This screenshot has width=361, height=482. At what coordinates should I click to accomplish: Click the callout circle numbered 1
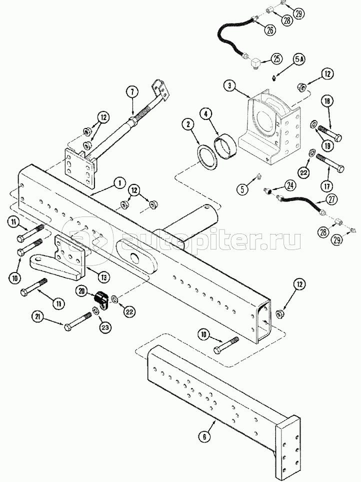click(x=118, y=183)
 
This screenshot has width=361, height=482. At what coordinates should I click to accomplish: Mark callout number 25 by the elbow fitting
click(x=276, y=58)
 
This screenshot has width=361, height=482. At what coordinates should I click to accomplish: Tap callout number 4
click(x=205, y=114)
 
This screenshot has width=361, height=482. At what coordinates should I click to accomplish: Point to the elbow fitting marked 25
click(x=255, y=63)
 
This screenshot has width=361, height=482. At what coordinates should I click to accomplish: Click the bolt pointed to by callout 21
click(x=78, y=321)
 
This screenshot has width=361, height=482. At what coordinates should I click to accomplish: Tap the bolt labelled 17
click(x=330, y=162)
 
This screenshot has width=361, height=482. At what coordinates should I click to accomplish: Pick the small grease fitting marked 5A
click(x=273, y=78)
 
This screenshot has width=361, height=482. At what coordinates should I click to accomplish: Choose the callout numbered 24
click(x=290, y=185)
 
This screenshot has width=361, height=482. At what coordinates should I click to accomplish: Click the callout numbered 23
click(x=105, y=327)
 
